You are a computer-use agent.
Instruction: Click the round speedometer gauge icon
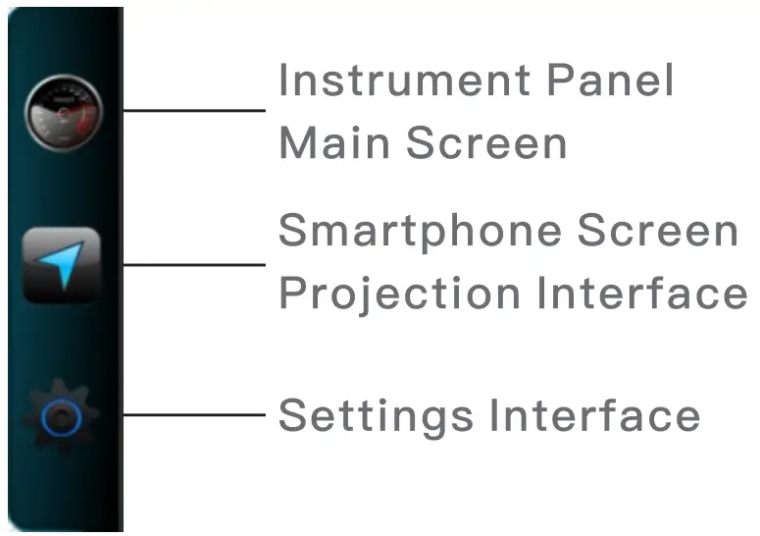63,112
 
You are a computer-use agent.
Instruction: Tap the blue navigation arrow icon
62,264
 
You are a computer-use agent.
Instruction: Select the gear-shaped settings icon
62,417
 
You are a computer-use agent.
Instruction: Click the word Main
334,143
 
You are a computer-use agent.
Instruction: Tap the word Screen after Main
486,143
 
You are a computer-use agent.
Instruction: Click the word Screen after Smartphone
658,232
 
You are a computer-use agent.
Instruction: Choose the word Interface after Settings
594,414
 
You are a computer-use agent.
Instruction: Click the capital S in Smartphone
293,232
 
